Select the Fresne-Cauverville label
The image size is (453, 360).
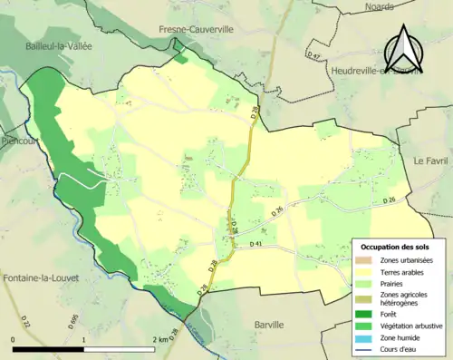coord(207,30)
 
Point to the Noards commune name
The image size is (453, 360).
coord(380,6)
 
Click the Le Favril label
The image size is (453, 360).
coord(431,160)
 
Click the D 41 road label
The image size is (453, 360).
coord(256,245)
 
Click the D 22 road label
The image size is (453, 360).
coord(25,322)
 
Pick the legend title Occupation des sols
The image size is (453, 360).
coord(397,248)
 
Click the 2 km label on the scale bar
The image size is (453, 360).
coord(160,339)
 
